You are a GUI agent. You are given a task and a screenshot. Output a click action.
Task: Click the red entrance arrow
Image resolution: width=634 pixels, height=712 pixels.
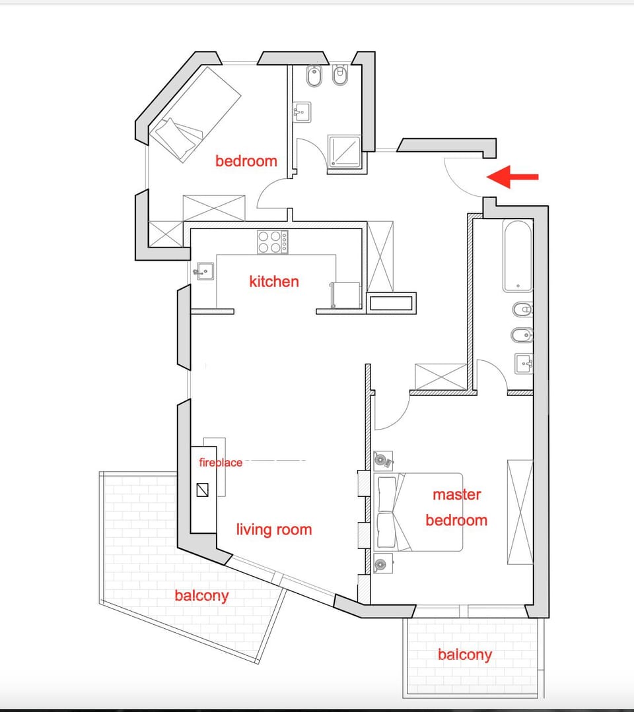click(x=512, y=177)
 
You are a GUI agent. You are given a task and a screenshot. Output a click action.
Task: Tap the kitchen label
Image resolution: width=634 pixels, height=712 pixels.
click(x=274, y=282)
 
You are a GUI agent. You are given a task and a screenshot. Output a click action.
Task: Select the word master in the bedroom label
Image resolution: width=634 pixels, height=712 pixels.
click(x=457, y=494)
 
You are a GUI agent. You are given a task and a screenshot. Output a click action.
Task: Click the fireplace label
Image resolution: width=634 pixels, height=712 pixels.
click(x=221, y=463)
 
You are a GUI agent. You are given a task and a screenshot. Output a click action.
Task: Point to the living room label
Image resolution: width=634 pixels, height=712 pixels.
click(x=274, y=529)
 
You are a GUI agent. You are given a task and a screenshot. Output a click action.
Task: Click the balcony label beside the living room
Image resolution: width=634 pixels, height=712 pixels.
click(x=201, y=596)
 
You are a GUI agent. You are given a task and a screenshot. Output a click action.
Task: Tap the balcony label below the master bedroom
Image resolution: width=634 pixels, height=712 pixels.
click(x=464, y=655)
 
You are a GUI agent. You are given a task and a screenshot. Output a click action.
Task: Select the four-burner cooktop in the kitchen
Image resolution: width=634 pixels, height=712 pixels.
click(x=272, y=242)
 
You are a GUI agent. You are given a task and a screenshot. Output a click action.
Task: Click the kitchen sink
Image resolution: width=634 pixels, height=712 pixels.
click(x=203, y=271)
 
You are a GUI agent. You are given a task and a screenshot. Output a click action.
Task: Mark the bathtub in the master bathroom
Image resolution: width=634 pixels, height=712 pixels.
click(x=518, y=256)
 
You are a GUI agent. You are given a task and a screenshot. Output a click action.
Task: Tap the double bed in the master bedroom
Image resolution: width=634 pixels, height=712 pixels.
click(x=417, y=512)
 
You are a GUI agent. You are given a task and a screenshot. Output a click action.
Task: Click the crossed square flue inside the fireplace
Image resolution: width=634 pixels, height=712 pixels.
click(x=203, y=490)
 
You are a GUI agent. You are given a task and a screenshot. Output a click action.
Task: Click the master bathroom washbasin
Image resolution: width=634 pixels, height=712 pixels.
click(x=524, y=363)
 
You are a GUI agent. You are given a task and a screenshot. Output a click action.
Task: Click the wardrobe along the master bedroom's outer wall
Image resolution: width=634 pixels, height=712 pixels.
click(x=520, y=512)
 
